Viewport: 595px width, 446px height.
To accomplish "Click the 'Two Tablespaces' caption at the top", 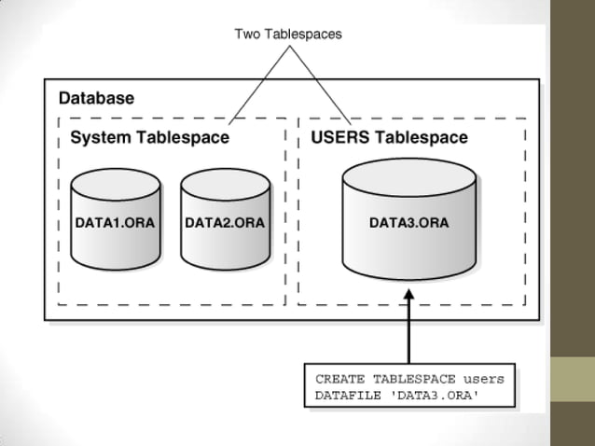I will point(287,35).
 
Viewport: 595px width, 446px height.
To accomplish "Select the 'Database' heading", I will point(96,98).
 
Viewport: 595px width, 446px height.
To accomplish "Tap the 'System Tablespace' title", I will point(150,139).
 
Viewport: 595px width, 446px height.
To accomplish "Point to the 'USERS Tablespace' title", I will point(388,139).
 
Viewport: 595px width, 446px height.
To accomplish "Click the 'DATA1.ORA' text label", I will point(115,224).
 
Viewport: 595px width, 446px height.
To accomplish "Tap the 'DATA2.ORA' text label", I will point(225,224).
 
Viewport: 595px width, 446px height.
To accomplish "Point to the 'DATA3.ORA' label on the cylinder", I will point(408,224).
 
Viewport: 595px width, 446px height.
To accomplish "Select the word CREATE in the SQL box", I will point(339,380).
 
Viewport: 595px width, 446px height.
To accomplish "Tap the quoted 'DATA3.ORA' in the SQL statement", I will point(430,396).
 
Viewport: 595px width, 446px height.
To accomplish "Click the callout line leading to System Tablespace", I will point(256,84).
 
